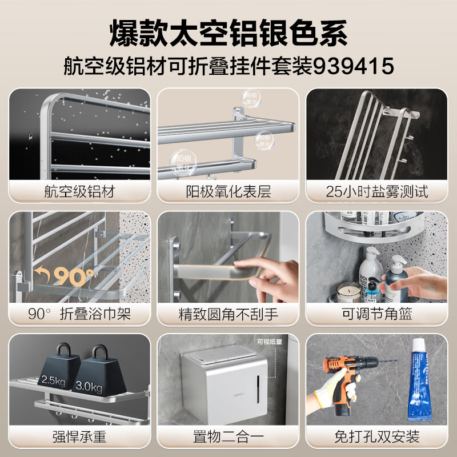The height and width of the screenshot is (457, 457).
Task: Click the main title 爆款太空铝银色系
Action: click(x=228, y=33)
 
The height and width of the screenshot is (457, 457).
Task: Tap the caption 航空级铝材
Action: click(x=79, y=191)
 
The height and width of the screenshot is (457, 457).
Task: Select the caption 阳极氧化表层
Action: click(x=228, y=191)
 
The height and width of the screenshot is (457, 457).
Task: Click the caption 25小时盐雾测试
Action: click(x=377, y=191)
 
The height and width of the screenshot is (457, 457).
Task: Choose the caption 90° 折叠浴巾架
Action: click(x=79, y=314)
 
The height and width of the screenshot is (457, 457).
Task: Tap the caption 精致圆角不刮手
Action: click(x=228, y=314)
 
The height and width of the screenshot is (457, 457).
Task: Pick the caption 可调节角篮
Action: click(x=377, y=314)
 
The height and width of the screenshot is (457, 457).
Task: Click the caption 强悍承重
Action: click(x=79, y=437)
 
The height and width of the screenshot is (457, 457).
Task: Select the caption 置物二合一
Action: click(x=228, y=437)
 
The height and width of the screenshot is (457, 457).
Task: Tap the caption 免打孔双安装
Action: click(x=377, y=437)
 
